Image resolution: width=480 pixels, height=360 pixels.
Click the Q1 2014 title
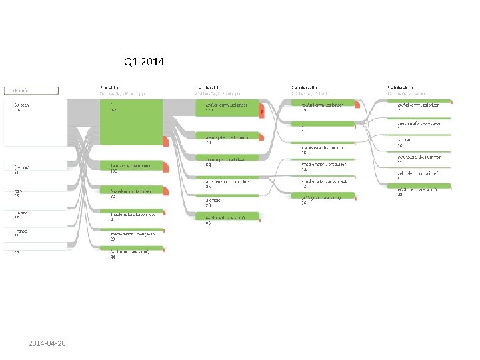click(x=144, y=63)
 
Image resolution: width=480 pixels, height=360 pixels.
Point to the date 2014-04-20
click(x=51, y=343)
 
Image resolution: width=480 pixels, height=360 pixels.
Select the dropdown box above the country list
click(x=32, y=90)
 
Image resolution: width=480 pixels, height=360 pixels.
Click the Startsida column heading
click(x=111, y=87)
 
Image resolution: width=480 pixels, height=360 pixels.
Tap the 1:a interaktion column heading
click(x=210, y=87)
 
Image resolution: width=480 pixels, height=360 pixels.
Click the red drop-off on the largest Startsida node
click(x=166, y=141)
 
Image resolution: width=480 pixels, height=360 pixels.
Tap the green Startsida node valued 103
click(x=131, y=167)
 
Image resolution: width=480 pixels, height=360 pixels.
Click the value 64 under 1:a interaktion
click(x=208, y=164)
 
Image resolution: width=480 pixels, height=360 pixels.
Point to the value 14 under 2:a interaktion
click(x=304, y=171)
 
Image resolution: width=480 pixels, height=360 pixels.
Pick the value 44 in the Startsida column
click(x=113, y=257)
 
